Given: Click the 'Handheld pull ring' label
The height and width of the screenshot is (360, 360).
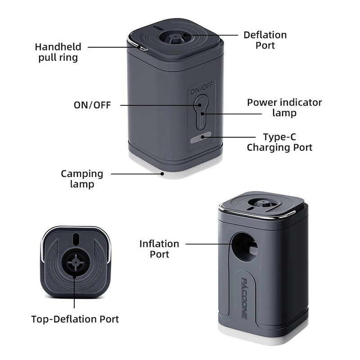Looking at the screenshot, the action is click(58, 52).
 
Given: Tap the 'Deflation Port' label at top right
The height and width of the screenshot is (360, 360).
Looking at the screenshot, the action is click(265, 40).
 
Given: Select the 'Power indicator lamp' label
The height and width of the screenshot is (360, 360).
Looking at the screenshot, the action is click(284, 108).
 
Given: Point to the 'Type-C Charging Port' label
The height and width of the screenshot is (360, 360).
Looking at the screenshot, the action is click(279, 142).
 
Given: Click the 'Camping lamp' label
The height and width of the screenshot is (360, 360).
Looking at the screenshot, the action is click(82, 179).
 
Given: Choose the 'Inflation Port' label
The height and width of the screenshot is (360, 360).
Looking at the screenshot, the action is click(159, 249).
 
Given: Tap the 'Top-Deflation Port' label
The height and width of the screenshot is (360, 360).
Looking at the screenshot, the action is click(75, 319).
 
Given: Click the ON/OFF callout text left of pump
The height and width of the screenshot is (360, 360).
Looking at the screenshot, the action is click(92, 105).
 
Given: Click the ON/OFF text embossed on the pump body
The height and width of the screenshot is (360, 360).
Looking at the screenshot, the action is click(201, 88).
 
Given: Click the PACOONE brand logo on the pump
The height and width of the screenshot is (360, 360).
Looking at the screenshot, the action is click(244, 299).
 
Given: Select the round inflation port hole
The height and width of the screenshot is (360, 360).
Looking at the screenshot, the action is click(243, 247).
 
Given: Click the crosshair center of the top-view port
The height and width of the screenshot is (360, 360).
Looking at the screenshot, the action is click(75, 262).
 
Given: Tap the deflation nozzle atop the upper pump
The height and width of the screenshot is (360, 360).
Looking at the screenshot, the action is click(175, 38).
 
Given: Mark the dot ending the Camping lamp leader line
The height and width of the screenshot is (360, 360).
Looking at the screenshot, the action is click(162, 174).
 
